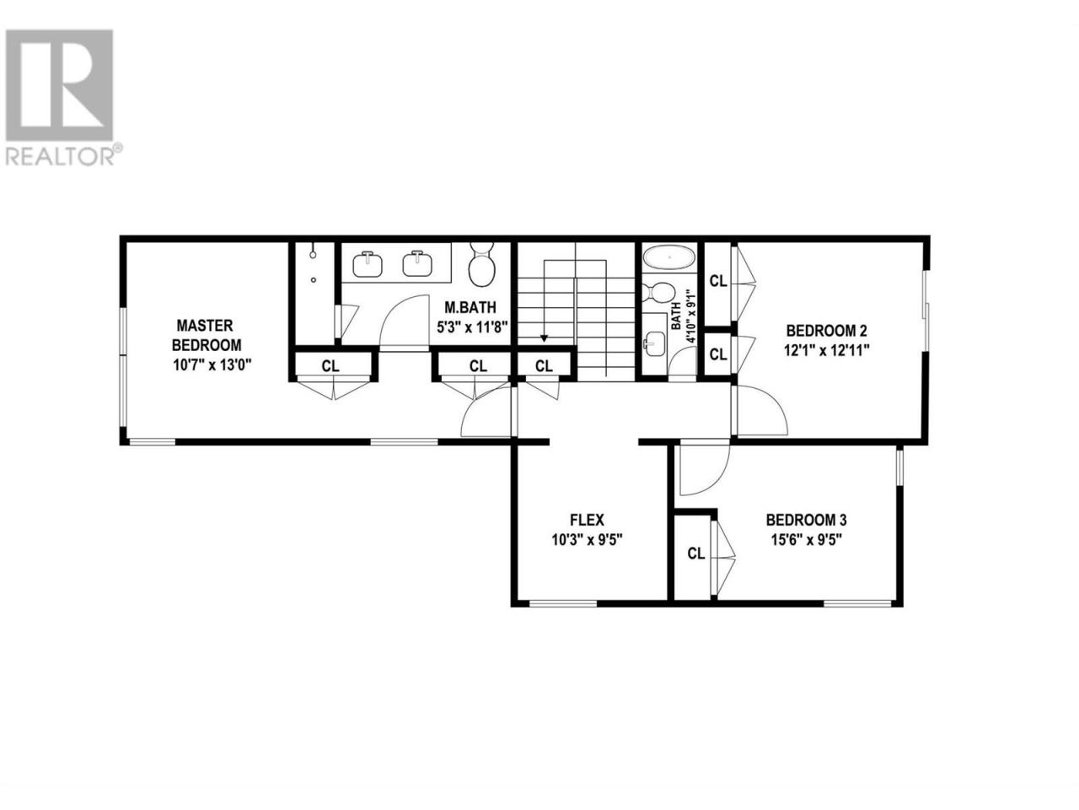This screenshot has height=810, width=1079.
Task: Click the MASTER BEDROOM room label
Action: click(207, 335)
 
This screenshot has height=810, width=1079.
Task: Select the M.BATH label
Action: click(470, 307)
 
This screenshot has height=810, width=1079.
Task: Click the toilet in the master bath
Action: click(481, 263)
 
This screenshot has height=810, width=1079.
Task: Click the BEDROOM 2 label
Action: click(827, 330)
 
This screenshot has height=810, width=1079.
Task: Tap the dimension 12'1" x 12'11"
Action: click(827, 350)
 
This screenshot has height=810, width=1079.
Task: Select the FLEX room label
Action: click(587, 520)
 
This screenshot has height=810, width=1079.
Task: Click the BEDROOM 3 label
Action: click(806, 520)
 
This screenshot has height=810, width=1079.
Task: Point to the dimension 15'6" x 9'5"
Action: click(807, 540)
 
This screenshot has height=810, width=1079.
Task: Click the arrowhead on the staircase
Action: click(545, 337)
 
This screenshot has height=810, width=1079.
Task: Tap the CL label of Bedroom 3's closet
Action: click(696, 553)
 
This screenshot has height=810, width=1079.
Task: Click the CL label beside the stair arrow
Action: click(544, 366)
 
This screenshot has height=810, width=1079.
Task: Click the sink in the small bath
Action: click(654, 343)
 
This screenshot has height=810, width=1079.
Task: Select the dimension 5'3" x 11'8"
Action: click(471, 327)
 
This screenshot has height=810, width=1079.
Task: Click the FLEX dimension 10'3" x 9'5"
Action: click(587, 540)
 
